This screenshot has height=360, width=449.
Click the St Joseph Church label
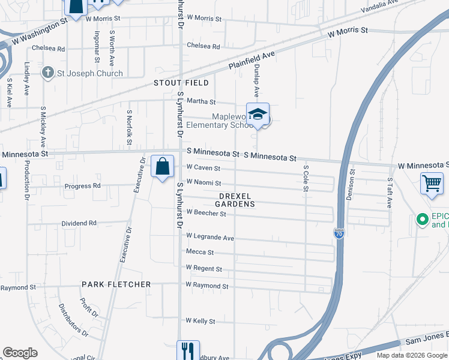(x=89, y=73)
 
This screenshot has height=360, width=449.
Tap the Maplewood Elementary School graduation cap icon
(x=258, y=115)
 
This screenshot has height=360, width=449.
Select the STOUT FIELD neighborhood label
(x=181, y=83)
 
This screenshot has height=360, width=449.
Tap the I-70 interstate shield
(x=339, y=234)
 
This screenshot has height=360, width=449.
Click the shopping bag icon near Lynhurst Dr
(x=163, y=167)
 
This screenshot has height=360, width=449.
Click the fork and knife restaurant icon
(x=188, y=349)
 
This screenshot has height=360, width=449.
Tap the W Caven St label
(x=203, y=168)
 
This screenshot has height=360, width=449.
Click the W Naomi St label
(x=203, y=182)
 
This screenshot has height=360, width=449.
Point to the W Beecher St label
(x=206, y=212)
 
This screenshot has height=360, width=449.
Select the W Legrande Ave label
(x=209, y=237)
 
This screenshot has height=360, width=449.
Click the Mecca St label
(x=200, y=252)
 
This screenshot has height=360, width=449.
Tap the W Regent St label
(x=204, y=268)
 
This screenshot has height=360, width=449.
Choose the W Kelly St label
(x=200, y=321)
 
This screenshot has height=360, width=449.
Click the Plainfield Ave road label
(x=252, y=59)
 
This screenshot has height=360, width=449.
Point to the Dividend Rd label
(x=79, y=223)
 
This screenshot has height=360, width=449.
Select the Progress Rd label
(x=83, y=186)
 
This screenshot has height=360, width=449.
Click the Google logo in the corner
(x=20, y=353)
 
